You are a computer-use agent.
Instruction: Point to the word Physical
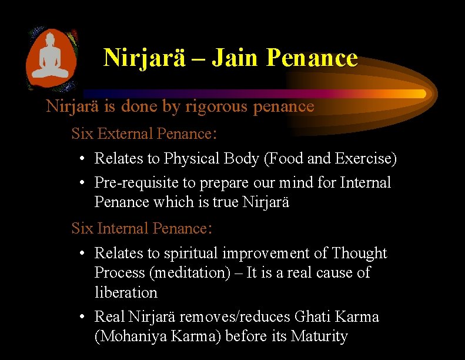(192, 159)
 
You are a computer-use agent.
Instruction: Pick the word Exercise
(365, 159)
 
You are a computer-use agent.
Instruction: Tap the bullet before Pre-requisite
(83, 183)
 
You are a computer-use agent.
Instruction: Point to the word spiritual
(191, 254)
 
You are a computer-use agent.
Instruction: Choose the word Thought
(359, 254)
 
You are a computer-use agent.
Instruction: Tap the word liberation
(126, 292)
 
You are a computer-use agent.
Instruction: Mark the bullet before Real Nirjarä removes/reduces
(83, 317)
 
